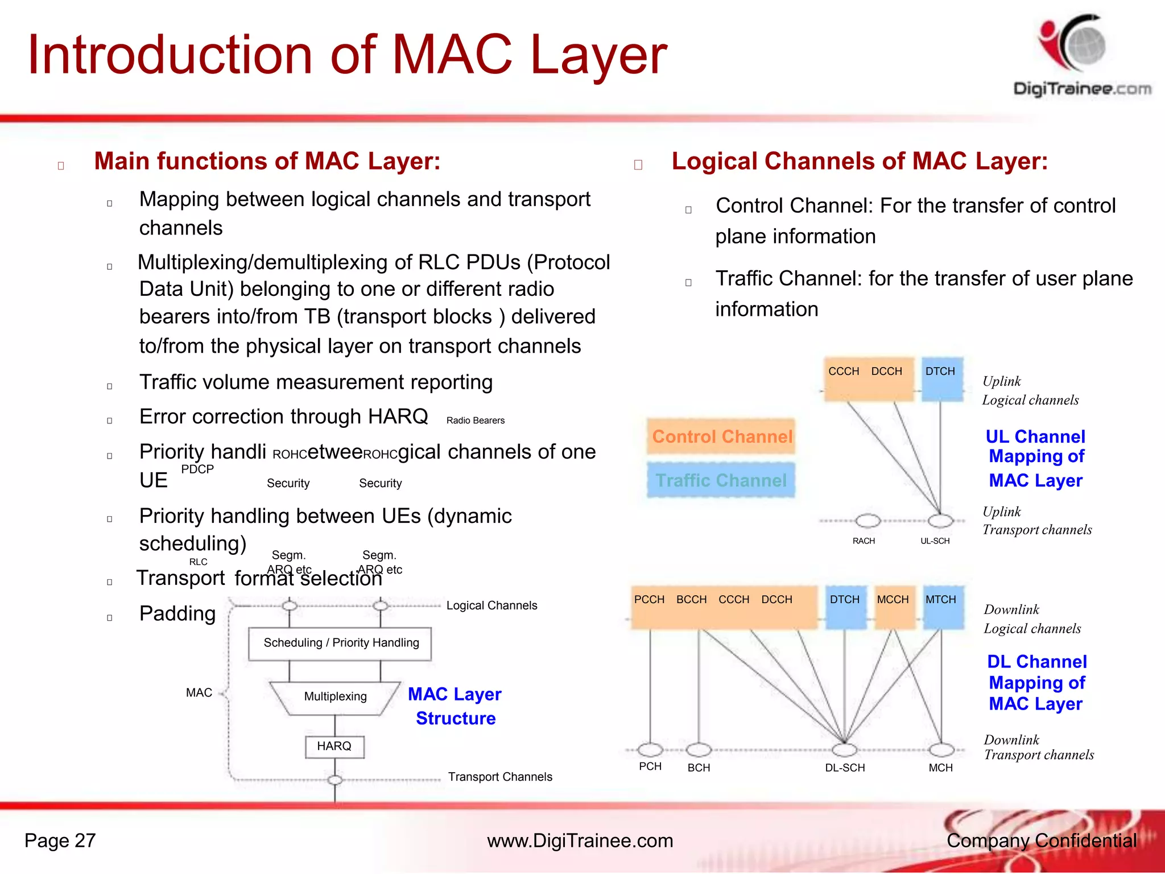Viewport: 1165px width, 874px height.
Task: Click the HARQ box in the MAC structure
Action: [x=334, y=747]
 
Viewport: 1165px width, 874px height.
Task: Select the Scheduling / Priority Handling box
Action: [x=340, y=644]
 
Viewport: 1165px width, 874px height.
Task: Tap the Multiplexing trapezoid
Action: [x=335, y=697]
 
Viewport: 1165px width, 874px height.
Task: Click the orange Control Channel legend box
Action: [x=721, y=437]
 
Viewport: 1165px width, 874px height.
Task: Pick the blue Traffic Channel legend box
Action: [x=721, y=481]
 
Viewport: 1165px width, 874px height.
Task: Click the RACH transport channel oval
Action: [x=868, y=521]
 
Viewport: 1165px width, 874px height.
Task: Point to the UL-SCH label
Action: [x=935, y=541]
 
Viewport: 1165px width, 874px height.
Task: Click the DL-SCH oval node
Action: [x=845, y=750]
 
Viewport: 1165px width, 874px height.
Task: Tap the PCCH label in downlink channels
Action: [x=649, y=600]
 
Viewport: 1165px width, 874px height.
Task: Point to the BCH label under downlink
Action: [x=699, y=768]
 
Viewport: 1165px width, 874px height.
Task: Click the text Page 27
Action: [x=60, y=841]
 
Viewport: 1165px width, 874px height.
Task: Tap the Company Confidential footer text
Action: [x=1041, y=841]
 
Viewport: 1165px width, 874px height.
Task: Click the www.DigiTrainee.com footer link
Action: [x=580, y=841]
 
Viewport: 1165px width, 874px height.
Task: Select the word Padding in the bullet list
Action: [x=177, y=614]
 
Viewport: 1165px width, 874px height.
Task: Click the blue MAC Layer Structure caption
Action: [x=455, y=706]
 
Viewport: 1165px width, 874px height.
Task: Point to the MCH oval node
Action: [x=941, y=750]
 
